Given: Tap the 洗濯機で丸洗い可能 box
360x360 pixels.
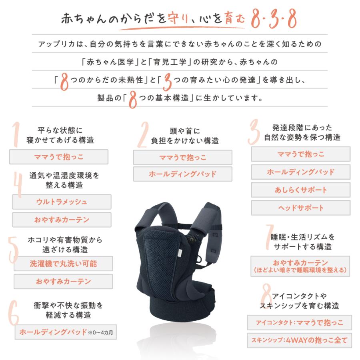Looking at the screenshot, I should (x=63, y=264).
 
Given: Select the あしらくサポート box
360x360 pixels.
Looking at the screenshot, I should (x=300, y=190).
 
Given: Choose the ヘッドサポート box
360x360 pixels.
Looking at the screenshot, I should (x=300, y=208).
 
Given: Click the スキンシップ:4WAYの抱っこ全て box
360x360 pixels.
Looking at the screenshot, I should (x=299, y=341).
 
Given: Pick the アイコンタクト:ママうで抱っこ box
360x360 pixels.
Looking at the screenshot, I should (x=299, y=322).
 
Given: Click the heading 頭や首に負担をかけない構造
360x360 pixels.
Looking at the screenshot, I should (x=184, y=136).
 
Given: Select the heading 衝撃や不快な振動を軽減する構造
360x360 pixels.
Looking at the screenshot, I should (x=68, y=310).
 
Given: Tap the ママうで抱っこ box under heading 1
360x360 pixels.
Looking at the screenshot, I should (x=58, y=157).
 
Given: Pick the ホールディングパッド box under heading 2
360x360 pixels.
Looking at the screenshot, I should (x=182, y=174).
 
